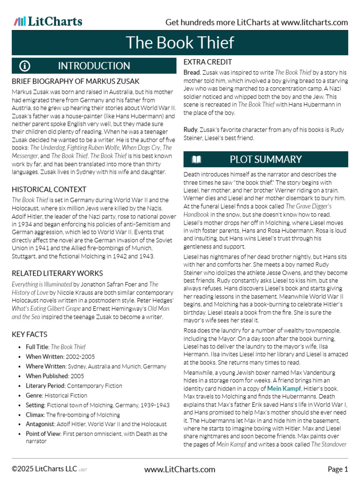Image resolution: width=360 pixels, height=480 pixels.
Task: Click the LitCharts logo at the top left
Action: coord(48,21)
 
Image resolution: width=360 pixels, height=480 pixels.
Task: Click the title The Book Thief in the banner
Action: coord(180,43)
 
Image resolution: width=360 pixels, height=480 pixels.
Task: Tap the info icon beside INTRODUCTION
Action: coord(25,66)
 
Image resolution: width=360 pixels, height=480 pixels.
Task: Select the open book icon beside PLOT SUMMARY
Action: coord(196,159)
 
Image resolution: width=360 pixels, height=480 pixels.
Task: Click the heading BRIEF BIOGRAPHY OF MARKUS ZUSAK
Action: coord(75,81)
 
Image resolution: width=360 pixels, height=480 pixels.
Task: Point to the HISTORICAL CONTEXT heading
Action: coord(49,189)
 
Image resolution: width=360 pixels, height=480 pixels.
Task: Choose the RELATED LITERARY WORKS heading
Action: coord(57,273)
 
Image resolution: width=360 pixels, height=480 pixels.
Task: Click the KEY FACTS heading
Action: coord(30,334)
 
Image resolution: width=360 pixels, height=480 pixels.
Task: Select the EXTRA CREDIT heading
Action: coord(208,62)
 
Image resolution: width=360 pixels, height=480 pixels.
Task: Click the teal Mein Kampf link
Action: coord(284,389)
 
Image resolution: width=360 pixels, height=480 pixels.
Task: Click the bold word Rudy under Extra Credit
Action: coord(191,129)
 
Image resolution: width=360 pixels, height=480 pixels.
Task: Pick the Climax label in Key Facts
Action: coord(35,415)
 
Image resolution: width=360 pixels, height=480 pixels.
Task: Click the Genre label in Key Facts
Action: coord(34,396)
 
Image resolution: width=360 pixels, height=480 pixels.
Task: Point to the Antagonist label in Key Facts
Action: coord(41,424)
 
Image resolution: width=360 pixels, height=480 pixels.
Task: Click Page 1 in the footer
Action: coord(337,469)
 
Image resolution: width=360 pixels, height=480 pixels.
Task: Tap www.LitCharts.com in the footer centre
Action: coord(180,469)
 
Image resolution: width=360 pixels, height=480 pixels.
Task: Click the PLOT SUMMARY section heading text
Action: coord(265,159)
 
